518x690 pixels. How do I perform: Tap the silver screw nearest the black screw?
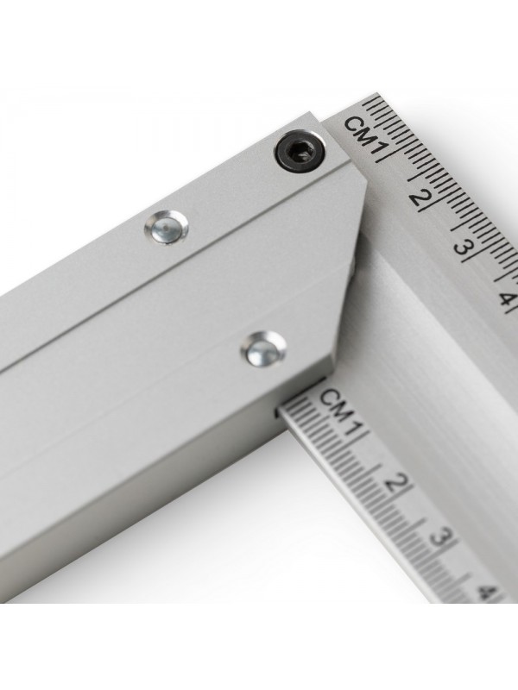166,226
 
